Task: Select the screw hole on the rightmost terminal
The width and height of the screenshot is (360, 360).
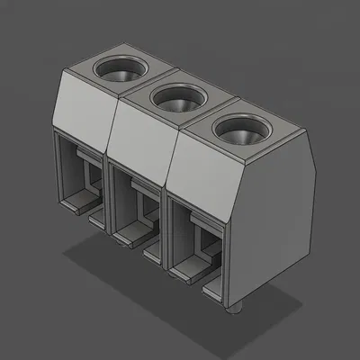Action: (x=242, y=132)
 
